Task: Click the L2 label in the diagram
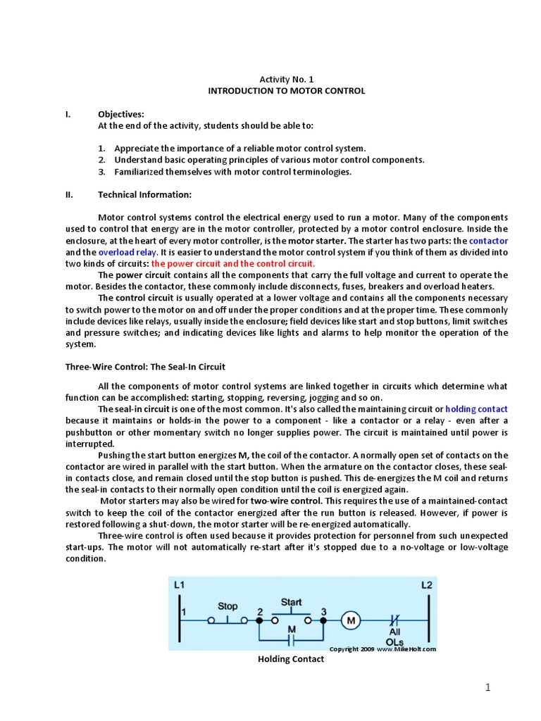[x=428, y=585]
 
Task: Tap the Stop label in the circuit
[x=228, y=605]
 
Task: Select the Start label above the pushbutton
[x=291, y=602]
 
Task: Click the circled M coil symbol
[x=350, y=620]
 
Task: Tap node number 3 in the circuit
[x=323, y=611]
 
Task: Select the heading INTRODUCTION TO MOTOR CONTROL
[x=286, y=92]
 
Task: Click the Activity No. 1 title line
[x=286, y=80]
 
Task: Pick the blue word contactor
[x=488, y=241]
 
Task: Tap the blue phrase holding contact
[x=476, y=408]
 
